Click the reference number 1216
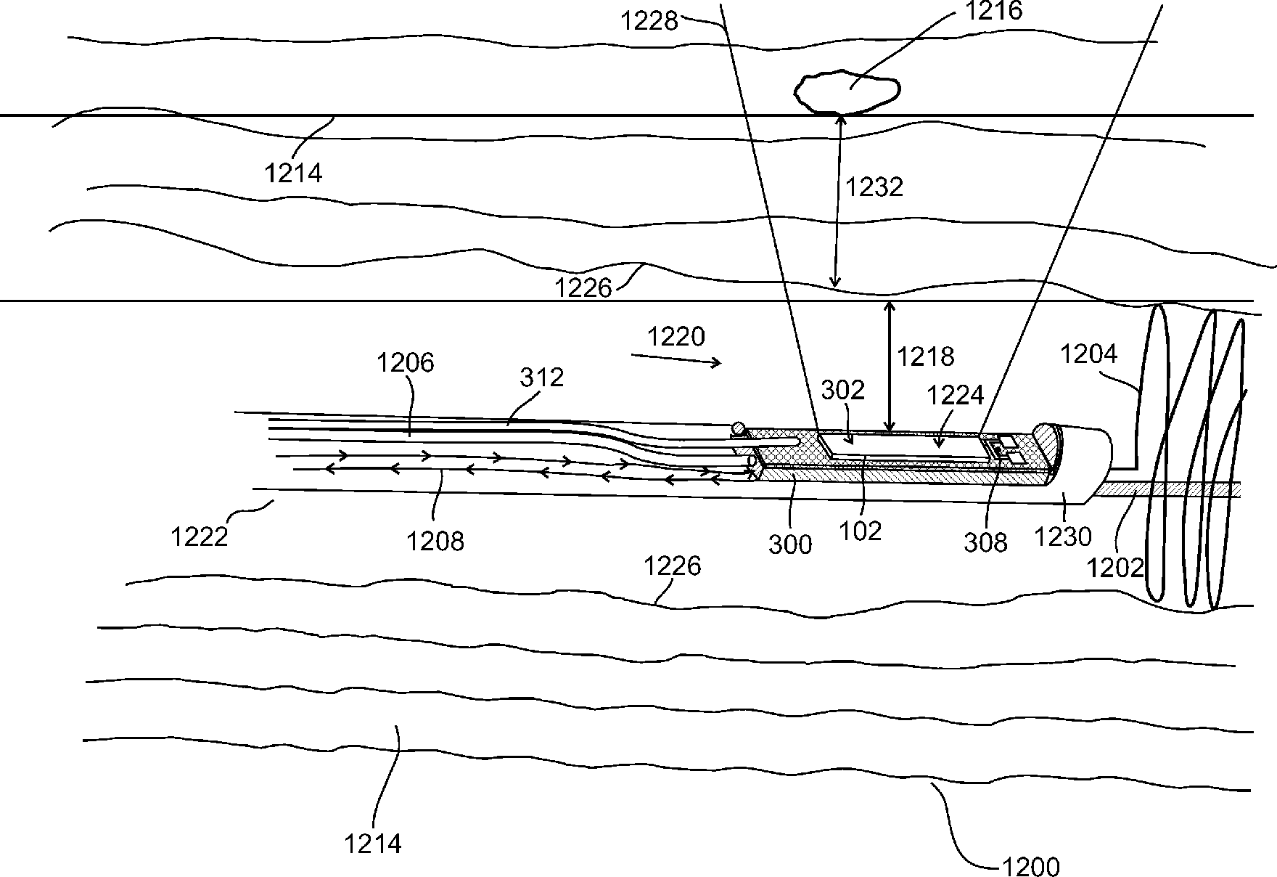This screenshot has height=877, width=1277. [992, 12]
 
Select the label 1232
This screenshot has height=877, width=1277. [874, 187]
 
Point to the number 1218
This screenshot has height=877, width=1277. [925, 356]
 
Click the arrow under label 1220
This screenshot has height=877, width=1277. [676, 359]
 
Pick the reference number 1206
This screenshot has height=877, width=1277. [405, 362]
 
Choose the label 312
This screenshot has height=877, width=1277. [542, 378]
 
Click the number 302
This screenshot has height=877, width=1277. [843, 391]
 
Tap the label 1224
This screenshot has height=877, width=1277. [956, 396]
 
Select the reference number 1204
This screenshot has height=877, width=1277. [1088, 354]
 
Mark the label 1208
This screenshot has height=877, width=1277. [435, 541]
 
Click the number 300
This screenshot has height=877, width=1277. [790, 544]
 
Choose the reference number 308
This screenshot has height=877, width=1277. [985, 542]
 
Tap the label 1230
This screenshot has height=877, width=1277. [1062, 537]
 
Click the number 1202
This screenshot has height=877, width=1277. [1114, 567]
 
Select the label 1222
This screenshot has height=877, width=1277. [199, 537]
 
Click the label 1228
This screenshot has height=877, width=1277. [649, 21]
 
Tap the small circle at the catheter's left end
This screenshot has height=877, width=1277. [738, 428]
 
